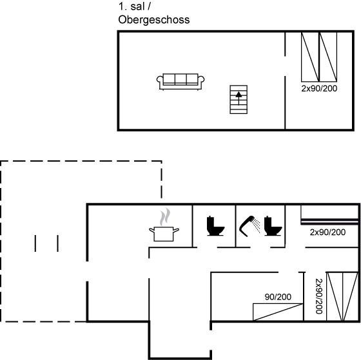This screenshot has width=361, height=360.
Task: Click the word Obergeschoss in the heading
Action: tap(154, 20)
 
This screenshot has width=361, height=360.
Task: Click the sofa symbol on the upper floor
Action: tap(180, 82)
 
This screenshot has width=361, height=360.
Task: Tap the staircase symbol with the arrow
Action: tap(239, 99)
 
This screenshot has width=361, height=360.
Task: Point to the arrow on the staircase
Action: tap(239, 98)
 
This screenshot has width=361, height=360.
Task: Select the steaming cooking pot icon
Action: tap(164, 225)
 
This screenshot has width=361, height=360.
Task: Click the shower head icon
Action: tap(249, 226)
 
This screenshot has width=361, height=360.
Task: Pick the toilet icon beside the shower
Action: tap(273, 226)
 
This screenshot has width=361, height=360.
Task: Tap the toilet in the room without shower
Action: tap(215, 226)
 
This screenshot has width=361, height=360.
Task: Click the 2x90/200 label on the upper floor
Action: tap(319, 88)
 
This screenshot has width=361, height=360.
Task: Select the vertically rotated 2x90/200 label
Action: tap(319, 296)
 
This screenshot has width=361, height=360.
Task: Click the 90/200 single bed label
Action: tap(278, 297)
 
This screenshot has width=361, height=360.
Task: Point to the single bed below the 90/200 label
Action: tap(278, 312)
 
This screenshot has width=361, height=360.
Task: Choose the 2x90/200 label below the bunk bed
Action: tap(327, 232)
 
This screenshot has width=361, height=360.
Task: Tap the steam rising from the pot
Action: tap(165, 216)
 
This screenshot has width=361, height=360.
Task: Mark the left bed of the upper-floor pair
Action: tap(310, 57)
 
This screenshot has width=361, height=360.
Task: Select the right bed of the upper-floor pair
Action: tap(328, 57)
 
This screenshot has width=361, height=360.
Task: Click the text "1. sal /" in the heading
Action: tap(135, 6)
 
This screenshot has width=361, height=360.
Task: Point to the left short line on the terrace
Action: tap(35, 243)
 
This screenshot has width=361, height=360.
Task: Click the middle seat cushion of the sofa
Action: tap(180, 79)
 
